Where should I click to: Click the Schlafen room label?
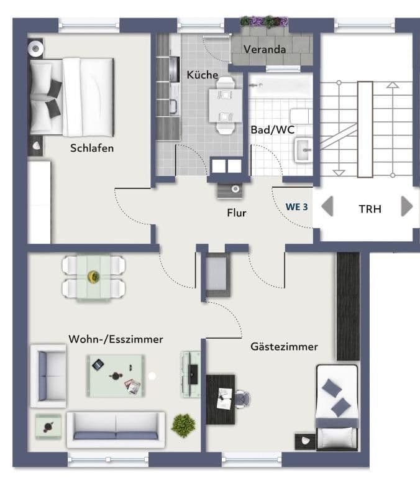pyautogui.click(x=92, y=149)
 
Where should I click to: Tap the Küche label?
pyautogui.click(x=203, y=75)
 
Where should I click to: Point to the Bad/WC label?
pyautogui.click(x=272, y=131)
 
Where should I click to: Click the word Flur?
pyautogui.click(x=236, y=213)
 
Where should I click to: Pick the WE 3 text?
pyautogui.click(x=296, y=206)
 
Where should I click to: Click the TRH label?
pyautogui.click(x=370, y=209)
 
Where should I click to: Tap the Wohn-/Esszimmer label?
pyautogui.click(x=116, y=339)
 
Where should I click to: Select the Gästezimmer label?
pyautogui.click(x=284, y=346)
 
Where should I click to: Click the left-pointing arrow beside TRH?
pyautogui.click(x=327, y=206)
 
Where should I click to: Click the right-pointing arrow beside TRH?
pyautogui.click(x=407, y=206)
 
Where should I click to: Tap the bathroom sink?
pyautogui.click(x=303, y=149)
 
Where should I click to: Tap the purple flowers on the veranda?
pyautogui.click(x=264, y=22)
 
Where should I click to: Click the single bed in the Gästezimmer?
pyautogui.click(x=337, y=407)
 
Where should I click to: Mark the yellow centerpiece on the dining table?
pyautogui.click(x=94, y=275)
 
